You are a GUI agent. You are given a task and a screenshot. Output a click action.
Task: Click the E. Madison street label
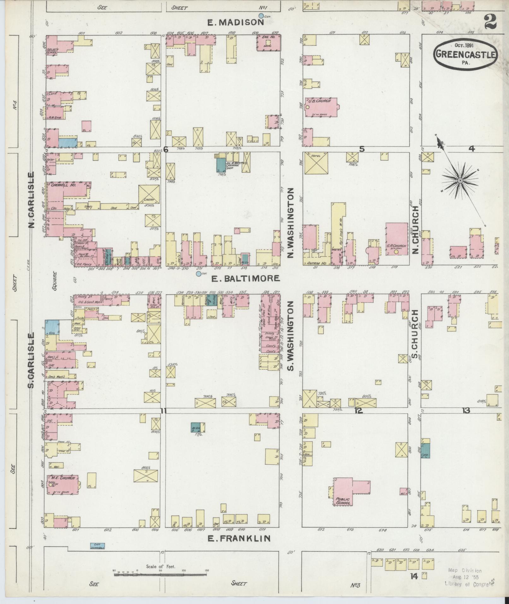point(235,22)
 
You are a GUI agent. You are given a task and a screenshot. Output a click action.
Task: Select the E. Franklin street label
point(239,538)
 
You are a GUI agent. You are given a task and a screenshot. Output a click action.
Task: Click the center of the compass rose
point(460,180)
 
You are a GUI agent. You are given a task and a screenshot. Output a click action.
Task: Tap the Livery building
point(149,194)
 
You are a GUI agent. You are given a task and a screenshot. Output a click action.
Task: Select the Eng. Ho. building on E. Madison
point(269,43)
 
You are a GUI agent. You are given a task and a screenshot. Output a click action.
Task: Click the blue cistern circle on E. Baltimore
point(198,274)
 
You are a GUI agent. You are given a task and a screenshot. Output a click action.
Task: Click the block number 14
point(414,576)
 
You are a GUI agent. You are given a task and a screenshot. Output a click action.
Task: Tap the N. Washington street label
point(291,223)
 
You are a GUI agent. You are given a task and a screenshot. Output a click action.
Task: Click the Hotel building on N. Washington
point(316,163)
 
